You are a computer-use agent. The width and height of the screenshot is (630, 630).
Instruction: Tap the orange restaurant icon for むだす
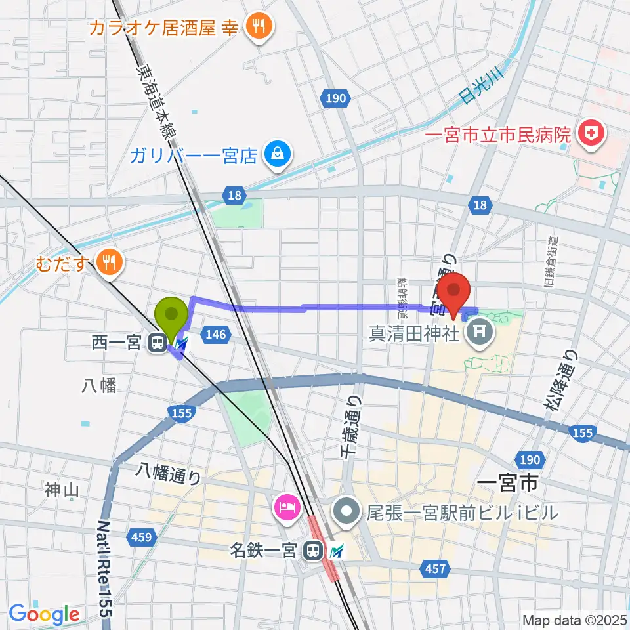tap(107, 263)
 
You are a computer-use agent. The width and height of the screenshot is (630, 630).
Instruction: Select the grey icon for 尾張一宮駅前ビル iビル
tap(346, 511)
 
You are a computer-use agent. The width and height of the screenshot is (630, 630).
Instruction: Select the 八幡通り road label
tap(168, 474)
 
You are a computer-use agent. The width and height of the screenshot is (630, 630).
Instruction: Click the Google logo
tap(44, 614)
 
